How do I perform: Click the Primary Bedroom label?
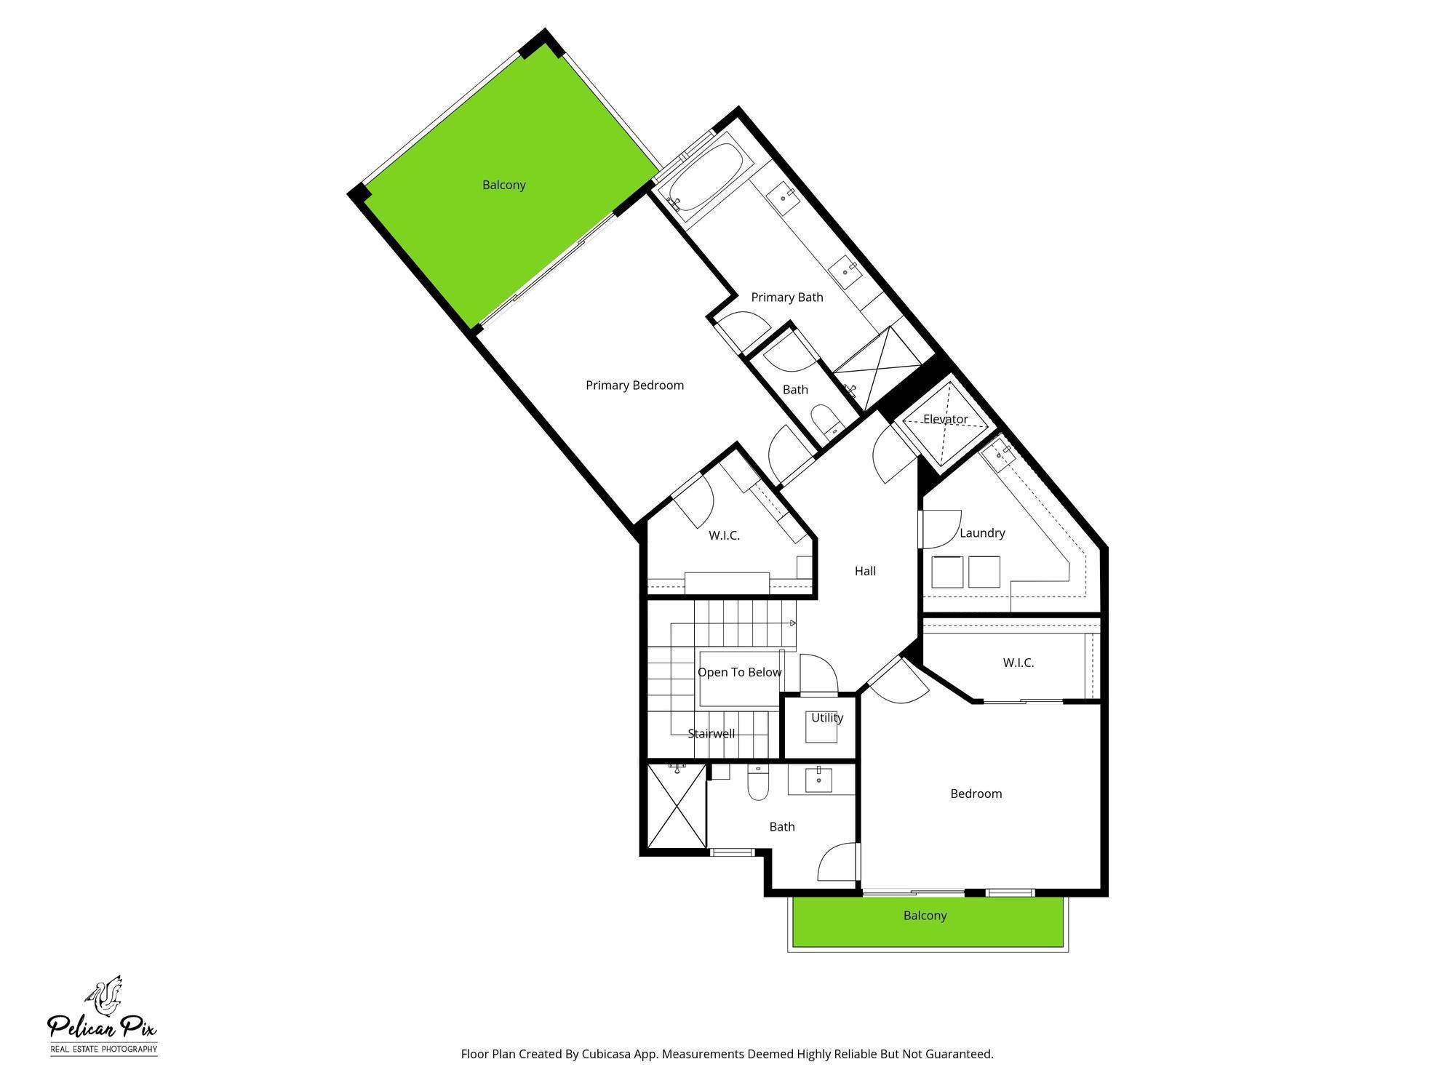(x=634, y=385)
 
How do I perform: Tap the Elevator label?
(x=945, y=419)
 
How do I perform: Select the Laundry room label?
(x=982, y=533)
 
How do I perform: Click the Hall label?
(x=865, y=571)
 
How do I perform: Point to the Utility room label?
(x=827, y=718)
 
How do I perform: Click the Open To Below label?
(x=739, y=672)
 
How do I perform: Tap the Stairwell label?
(x=711, y=734)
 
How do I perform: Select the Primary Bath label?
(x=787, y=297)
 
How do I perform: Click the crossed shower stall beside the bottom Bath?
(x=676, y=806)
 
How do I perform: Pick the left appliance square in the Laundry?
(x=947, y=572)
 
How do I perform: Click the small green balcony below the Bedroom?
(x=925, y=922)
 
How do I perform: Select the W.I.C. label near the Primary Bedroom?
(x=724, y=536)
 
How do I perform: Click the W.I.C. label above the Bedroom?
(x=1018, y=663)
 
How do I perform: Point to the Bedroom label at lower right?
(x=976, y=794)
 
